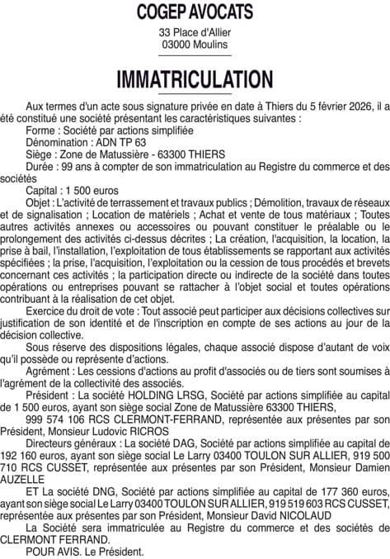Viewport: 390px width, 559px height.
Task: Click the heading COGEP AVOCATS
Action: coord(195,11)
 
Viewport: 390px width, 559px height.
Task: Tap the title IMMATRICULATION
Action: coord(195,79)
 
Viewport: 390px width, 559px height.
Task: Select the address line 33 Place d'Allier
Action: coord(195,32)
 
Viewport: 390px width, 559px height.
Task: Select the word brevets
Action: coord(364,271)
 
